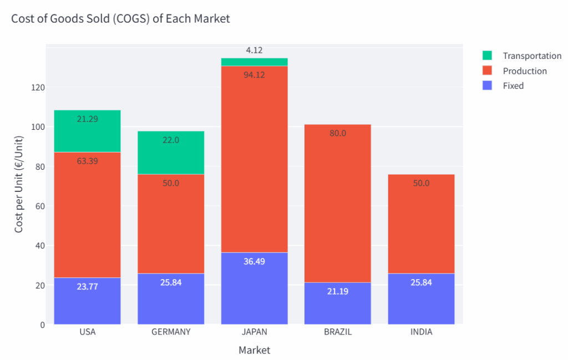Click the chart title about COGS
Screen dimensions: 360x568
[x=120, y=19]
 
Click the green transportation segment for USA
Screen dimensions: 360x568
[x=87, y=131]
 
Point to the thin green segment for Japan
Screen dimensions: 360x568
[x=254, y=62]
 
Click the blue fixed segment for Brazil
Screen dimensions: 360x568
[x=337, y=303]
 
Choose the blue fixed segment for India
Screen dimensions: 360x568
[x=421, y=299]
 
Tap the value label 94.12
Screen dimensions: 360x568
[x=254, y=75]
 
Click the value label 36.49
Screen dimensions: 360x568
[x=254, y=261]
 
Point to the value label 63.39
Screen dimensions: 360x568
[x=87, y=161]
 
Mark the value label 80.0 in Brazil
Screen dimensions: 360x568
[x=337, y=133]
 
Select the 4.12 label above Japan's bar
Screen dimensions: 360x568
[x=254, y=50]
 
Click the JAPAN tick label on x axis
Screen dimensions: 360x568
[x=254, y=332]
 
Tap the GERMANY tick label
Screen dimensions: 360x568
[x=171, y=332]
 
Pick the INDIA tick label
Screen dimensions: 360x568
[x=421, y=332]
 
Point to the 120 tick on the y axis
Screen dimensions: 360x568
[x=38, y=88]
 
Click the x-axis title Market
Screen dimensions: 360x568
[x=254, y=350]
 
